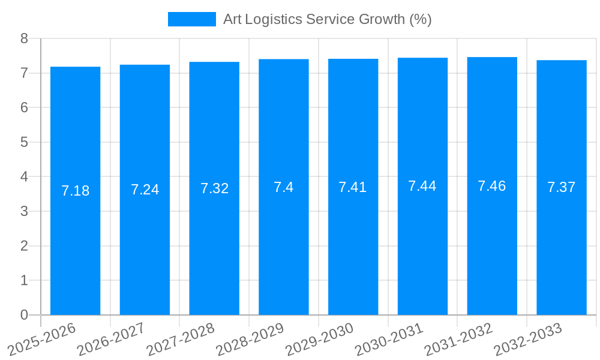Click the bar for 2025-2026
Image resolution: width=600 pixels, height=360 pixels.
(75, 191)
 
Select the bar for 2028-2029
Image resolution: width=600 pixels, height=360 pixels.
(284, 187)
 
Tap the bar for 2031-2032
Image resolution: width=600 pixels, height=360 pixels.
(492, 186)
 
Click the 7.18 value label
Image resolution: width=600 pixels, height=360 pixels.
(75, 191)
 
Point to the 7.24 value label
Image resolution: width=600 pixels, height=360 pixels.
(145, 190)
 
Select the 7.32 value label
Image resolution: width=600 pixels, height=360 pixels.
(214, 188)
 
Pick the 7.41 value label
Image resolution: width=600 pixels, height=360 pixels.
(353, 187)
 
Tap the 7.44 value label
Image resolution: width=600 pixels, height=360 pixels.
(422, 186)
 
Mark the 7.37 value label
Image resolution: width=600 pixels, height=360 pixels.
(562, 187)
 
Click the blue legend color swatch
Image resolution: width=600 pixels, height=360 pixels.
(191, 19)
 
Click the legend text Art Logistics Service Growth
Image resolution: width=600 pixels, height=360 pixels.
(327, 19)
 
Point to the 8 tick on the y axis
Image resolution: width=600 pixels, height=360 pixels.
(24, 38)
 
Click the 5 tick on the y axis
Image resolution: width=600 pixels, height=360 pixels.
(24, 142)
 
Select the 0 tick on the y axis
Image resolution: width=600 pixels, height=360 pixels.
(24, 315)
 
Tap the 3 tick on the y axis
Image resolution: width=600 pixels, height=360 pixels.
(24, 211)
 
